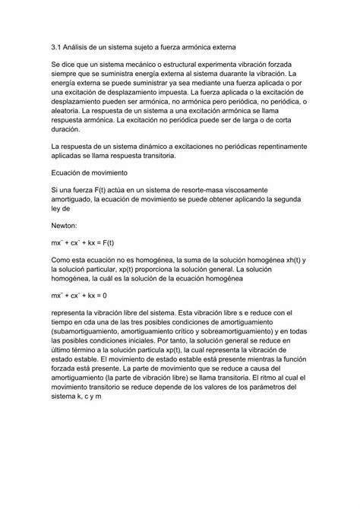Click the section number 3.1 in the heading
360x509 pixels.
click(55, 47)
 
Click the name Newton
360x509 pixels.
click(67, 224)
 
